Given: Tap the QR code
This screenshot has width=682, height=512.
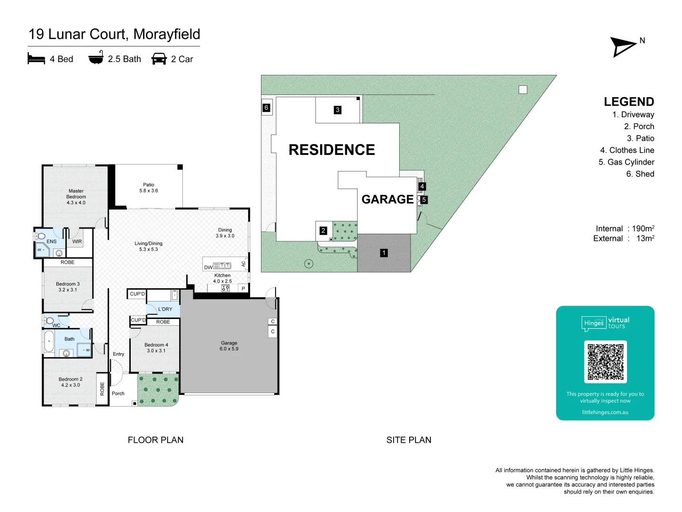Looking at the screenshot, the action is [x=605, y=362].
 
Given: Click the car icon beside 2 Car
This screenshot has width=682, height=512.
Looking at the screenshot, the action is [x=159, y=59].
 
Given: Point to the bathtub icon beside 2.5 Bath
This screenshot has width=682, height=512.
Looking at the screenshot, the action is [x=96, y=57].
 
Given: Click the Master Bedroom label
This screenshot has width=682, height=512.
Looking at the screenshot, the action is [x=76, y=197].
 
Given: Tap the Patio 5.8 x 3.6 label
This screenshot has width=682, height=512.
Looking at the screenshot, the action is [x=149, y=187].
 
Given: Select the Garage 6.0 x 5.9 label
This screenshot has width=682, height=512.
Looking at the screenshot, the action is [x=229, y=346].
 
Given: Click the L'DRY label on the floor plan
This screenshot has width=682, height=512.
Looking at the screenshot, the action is [x=165, y=309].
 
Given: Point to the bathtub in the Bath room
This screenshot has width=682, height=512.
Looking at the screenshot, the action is [x=49, y=341].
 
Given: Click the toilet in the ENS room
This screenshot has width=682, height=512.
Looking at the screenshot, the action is [x=40, y=237].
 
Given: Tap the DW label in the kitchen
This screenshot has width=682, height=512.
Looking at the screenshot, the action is [x=208, y=267].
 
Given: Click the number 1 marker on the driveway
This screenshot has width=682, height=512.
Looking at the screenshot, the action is [x=384, y=253].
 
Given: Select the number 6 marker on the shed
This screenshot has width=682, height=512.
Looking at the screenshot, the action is [x=266, y=108].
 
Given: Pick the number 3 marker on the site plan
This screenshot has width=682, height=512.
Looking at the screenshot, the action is [x=337, y=110].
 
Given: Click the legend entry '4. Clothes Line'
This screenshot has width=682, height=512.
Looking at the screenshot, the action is [x=627, y=150].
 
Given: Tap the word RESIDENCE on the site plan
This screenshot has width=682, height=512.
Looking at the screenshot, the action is [x=332, y=150].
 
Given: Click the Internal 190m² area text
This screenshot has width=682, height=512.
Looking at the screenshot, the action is [x=625, y=229].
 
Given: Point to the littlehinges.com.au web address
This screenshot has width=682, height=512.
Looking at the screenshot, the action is [x=605, y=412].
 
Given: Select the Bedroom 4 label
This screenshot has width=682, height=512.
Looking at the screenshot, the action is [x=156, y=347].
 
